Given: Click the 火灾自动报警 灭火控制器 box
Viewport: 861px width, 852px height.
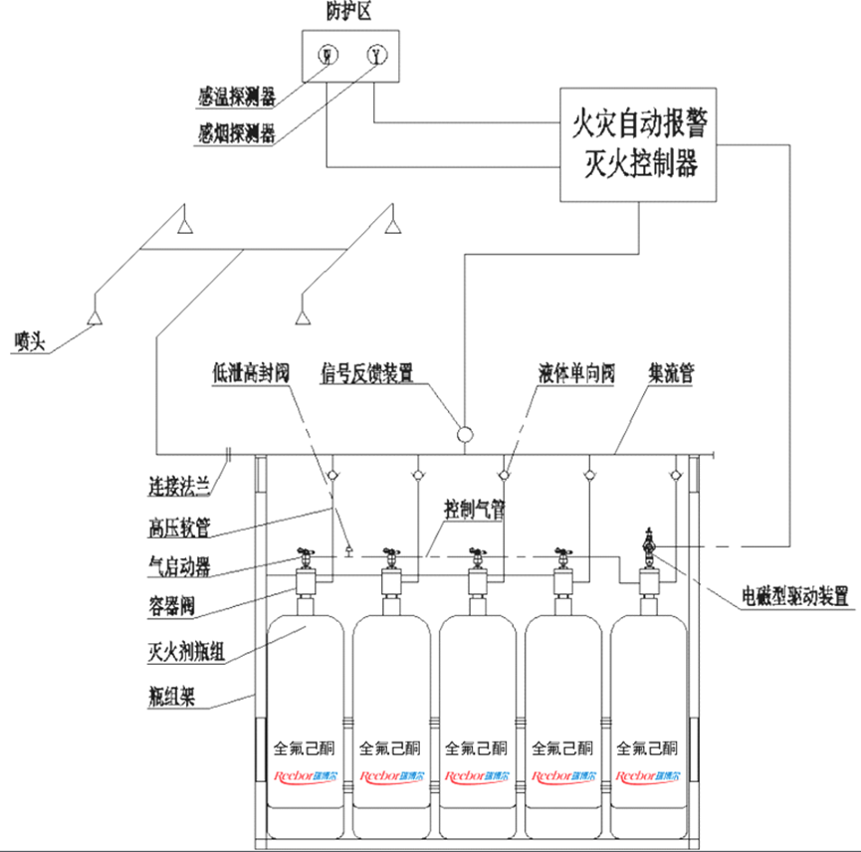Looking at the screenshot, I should point(638,144).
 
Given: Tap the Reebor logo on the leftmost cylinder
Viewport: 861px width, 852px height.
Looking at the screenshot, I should point(299,775).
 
